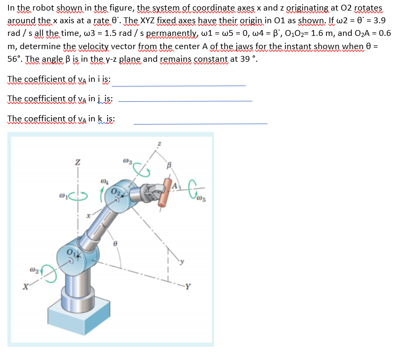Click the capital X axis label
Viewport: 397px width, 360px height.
pos(24,288)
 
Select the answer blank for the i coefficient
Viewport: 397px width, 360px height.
pos(179,84)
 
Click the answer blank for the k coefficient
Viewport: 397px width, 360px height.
pos(200,122)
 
